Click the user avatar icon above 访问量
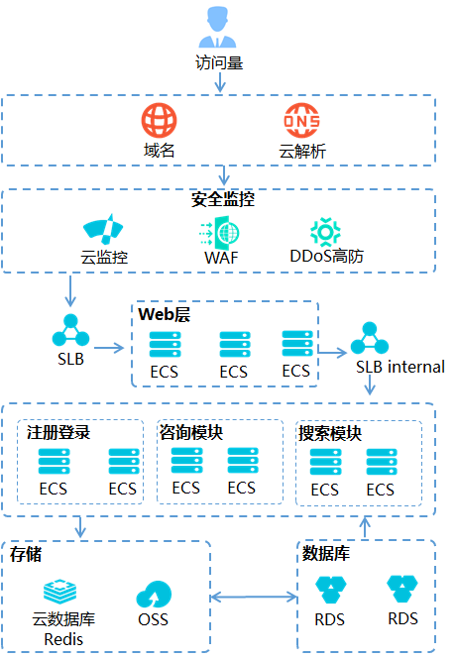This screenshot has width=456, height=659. click(x=217, y=27)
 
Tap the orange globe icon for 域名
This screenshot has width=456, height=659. click(x=159, y=120)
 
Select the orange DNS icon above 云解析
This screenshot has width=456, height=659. click(x=301, y=121)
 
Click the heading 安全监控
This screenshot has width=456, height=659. click(x=223, y=199)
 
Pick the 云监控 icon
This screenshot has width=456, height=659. click(x=103, y=229)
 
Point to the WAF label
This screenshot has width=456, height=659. click(x=221, y=258)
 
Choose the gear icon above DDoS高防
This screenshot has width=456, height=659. click(x=325, y=232)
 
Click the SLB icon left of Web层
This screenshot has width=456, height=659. click(x=70, y=330)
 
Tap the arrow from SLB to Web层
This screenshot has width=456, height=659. click(x=109, y=348)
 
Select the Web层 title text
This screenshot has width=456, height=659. click(x=165, y=314)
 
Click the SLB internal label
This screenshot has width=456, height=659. click(x=400, y=367)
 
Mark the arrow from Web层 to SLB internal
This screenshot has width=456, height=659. click(x=332, y=352)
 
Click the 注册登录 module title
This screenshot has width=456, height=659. click(x=58, y=432)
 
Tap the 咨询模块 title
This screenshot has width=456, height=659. click(x=190, y=432)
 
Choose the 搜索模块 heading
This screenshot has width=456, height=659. click(x=330, y=433)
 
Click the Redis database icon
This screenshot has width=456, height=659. click(x=60, y=592)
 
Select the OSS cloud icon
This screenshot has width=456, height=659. click(x=154, y=595)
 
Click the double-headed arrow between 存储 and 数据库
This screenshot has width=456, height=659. click(x=254, y=597)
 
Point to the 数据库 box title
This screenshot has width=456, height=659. click(x=326, y=553)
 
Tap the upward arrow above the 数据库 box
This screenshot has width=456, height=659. click(x=365, y=527)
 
